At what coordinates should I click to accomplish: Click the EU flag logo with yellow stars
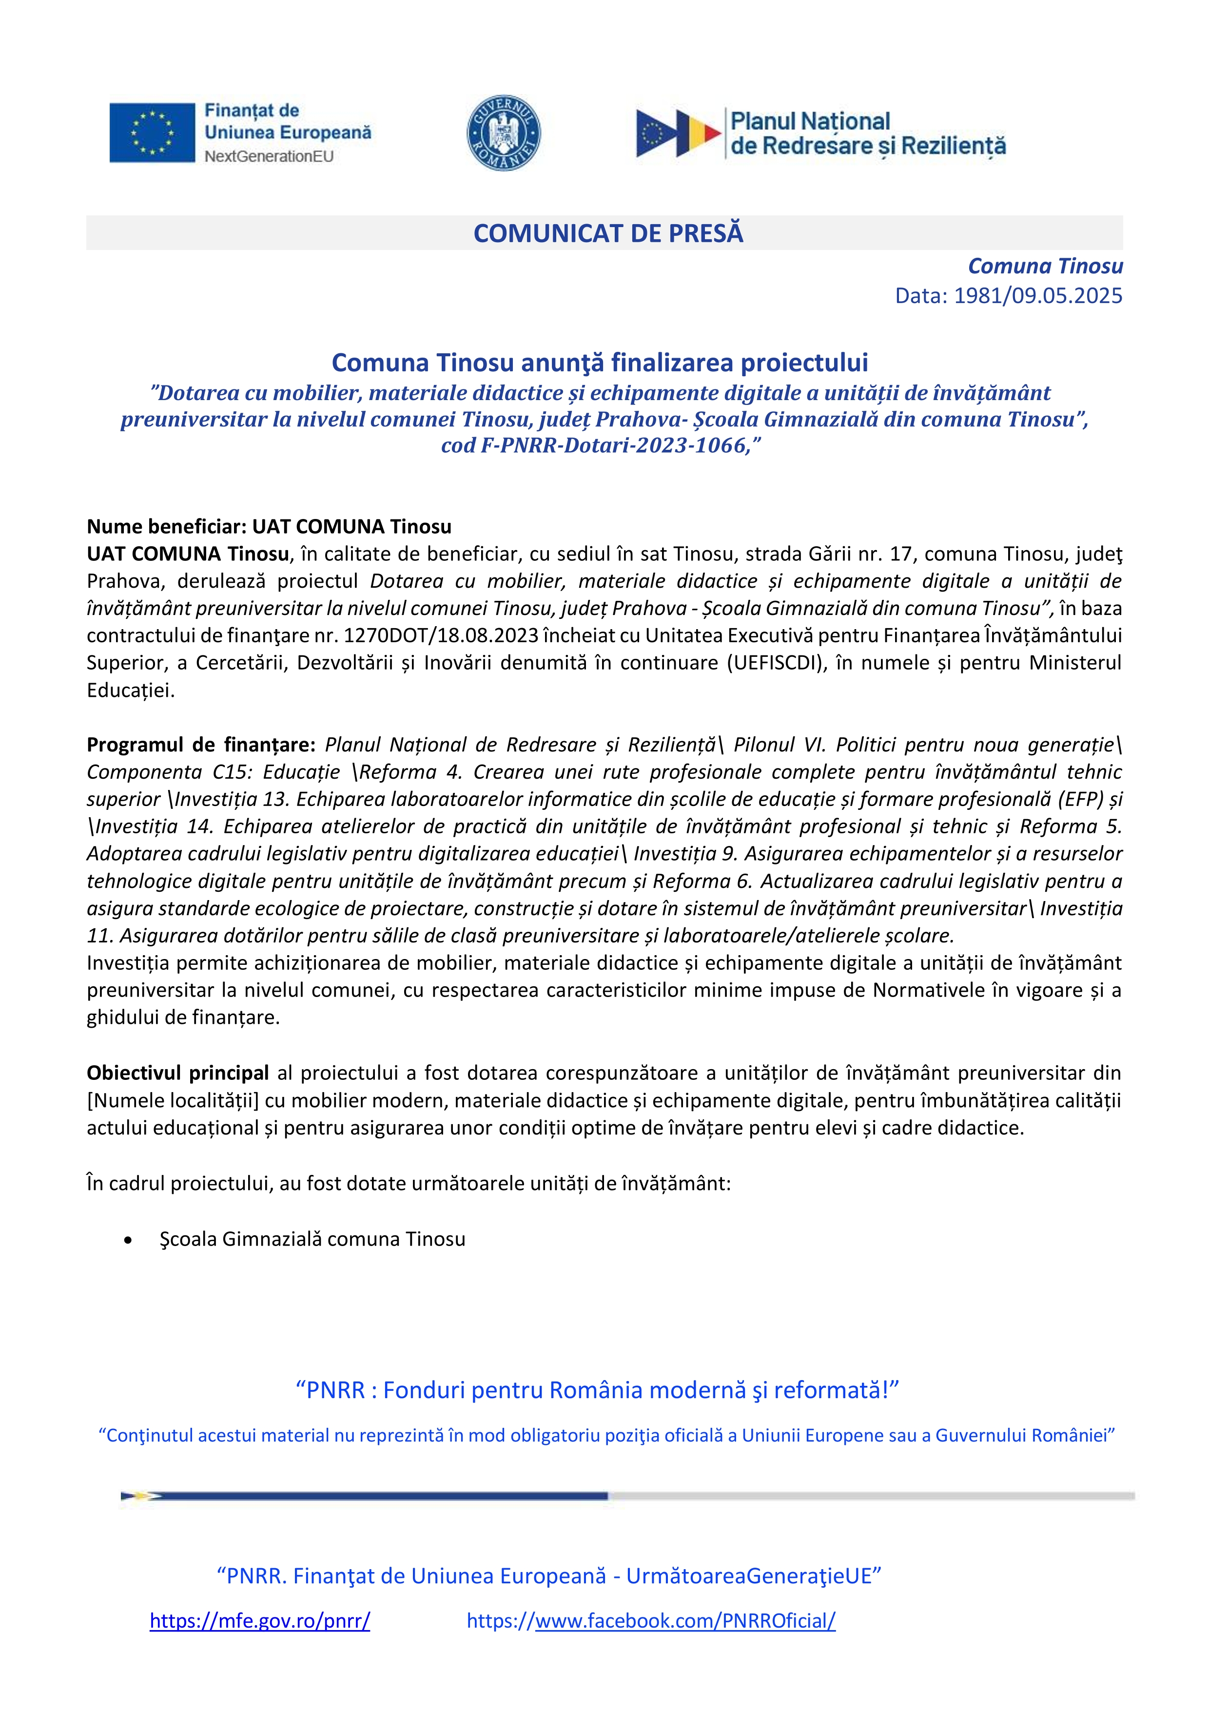152,133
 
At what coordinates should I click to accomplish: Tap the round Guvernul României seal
503,133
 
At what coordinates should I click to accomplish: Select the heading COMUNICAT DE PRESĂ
608,234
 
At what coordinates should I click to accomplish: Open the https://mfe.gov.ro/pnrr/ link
260,1621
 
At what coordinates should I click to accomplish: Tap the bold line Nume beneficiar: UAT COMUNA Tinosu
269,527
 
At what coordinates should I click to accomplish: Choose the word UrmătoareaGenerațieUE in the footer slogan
748,1576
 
